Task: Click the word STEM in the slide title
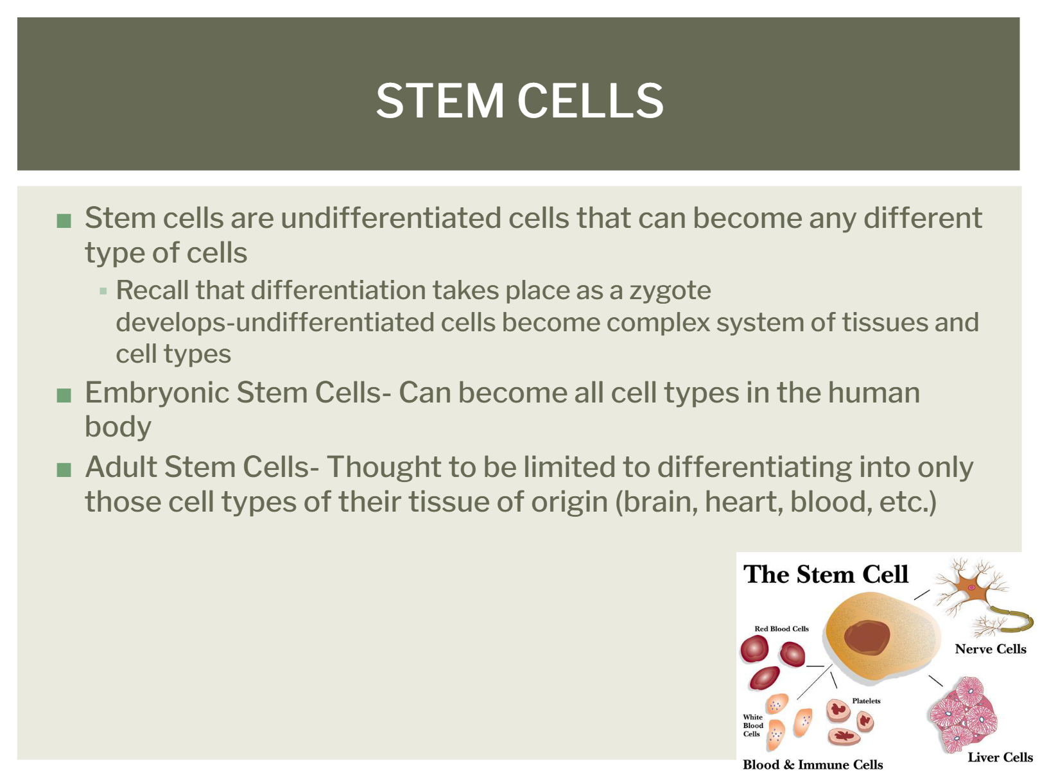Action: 439,100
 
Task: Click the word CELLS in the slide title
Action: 591,100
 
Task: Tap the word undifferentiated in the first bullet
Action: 391,218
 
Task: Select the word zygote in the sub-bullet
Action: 670,291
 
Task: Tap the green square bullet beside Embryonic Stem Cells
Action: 64,395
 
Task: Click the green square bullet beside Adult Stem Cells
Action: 64,470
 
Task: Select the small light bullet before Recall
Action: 103,291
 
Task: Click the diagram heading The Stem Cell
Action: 826,575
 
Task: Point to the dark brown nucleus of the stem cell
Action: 867,637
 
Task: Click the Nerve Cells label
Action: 991,649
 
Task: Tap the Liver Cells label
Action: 1000,758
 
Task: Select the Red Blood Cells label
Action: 781,629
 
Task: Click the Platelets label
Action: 866,701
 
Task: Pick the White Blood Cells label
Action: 753,725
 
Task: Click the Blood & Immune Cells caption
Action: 813,765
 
